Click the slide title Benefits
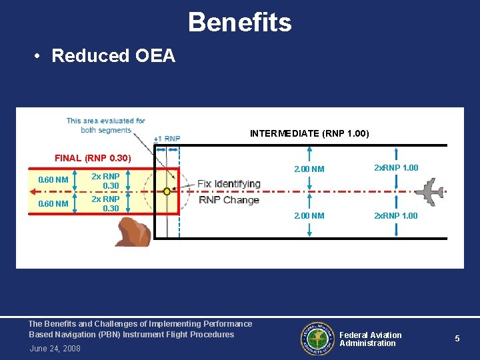239,22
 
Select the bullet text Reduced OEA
113,56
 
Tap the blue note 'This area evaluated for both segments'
105,125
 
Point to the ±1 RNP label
167,139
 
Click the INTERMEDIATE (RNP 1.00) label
309,134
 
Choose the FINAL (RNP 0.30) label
93,159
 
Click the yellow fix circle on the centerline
167,191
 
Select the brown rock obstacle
135,232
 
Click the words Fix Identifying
229,183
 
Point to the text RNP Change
229,200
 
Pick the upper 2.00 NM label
309,169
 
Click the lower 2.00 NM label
309,216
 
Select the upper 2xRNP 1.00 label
396,168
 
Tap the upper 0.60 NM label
53,180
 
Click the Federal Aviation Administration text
371,339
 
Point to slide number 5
457,339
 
